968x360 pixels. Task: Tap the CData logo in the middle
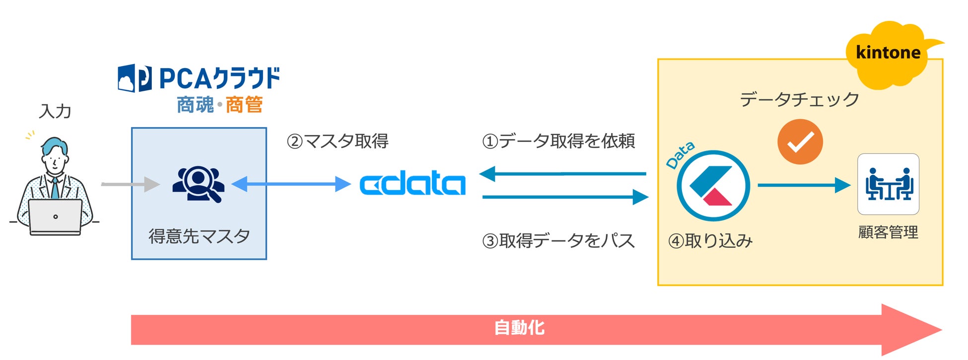point(413,184)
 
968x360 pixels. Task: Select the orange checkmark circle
point(800,142)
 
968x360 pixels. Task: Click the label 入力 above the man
point(55,111)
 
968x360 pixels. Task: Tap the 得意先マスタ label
point(199,236)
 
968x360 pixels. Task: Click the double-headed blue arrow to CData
point(291,184)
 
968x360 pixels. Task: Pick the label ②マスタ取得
point(338,142)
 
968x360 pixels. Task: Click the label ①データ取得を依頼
point(558,142)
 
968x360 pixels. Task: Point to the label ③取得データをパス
point(558,241)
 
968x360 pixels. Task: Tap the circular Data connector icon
point(713,186)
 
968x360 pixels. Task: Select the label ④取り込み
point(710,241)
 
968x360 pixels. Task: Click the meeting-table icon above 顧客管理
point(888,184)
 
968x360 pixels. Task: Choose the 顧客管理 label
point(888,232)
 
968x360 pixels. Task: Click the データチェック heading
point(799,99)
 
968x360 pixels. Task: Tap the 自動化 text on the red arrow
point(519,328)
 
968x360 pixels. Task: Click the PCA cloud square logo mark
point(135,78)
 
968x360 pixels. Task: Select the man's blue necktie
point(55,189)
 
